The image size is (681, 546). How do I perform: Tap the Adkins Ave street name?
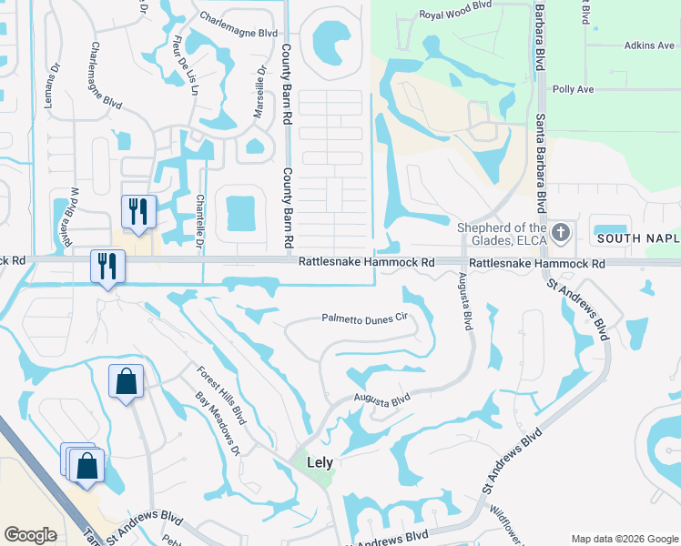tap(649, 45)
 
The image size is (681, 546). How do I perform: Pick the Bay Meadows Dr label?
tap(217, 423)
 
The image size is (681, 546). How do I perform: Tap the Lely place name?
tap(320, 462)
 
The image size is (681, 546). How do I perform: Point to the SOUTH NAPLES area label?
tap(638, 238)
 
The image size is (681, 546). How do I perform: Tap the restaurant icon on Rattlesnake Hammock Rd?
tap(107, 266)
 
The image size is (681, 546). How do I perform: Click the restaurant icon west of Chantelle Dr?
tap(138, 211)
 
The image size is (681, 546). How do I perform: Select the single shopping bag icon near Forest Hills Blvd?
tap(126, 381)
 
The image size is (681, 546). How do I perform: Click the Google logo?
tap(31, 535)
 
